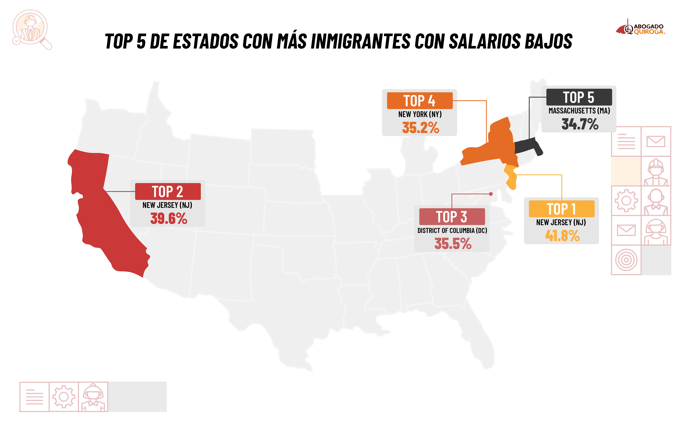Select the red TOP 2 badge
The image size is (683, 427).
168,191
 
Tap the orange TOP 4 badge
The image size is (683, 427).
420,101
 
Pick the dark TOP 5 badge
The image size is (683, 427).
579,97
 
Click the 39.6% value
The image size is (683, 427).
169,218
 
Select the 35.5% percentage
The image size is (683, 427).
453,243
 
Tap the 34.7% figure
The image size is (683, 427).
580,124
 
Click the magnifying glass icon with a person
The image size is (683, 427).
31,29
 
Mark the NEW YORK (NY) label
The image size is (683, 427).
420,114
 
